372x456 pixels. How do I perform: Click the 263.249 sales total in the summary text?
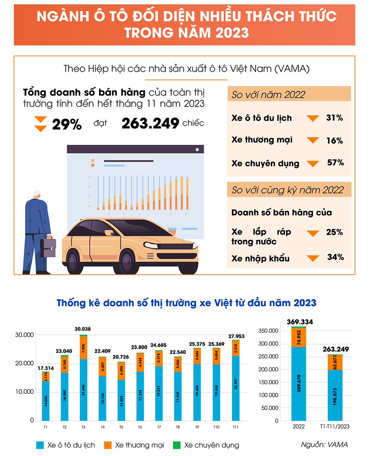tap(150, 124)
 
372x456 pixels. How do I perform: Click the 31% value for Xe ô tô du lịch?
tap(334, 118)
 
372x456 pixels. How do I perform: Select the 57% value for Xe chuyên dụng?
tap(335, 163)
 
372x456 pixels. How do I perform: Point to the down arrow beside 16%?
tap(313, 141)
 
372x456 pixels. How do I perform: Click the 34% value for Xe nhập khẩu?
tap(335, 257)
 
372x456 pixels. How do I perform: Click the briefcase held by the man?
tap(48, 247)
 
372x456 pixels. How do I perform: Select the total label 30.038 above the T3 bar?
tap(83, 329)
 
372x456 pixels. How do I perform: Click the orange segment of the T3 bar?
tap(84, 348)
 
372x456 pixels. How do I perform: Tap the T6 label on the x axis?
tap(140, 427)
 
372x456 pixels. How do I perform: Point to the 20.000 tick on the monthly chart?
tap(24, 363)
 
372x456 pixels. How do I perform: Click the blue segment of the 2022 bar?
tap(299, 384)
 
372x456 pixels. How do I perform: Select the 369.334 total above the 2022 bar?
tap(300, 322)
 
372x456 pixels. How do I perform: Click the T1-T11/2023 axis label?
tap(334, 427)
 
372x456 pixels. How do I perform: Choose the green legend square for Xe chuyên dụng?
tap(177, 445)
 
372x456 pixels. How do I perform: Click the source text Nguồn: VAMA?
tap(324, 445)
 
